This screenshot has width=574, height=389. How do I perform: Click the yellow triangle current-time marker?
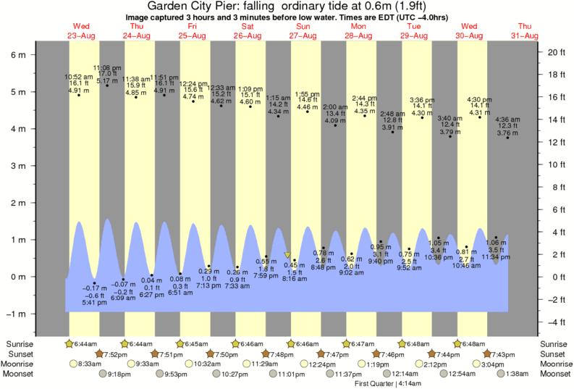(287, 256)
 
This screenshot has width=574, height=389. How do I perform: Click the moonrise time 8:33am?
(90, 364)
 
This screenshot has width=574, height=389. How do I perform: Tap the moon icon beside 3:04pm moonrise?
(476, 364)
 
